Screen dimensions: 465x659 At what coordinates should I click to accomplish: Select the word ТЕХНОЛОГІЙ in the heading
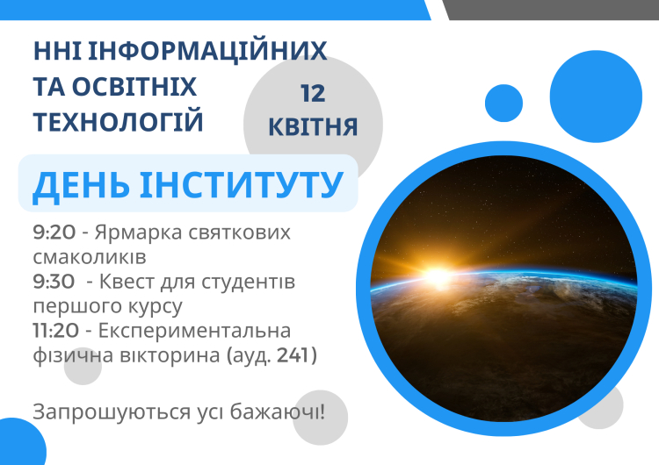tap(119, 121)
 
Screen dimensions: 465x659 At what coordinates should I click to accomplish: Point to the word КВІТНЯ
tap(314, 128)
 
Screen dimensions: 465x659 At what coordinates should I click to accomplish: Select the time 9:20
tap(52, 234)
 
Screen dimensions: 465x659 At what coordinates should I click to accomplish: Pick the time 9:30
tap(52, 283)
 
